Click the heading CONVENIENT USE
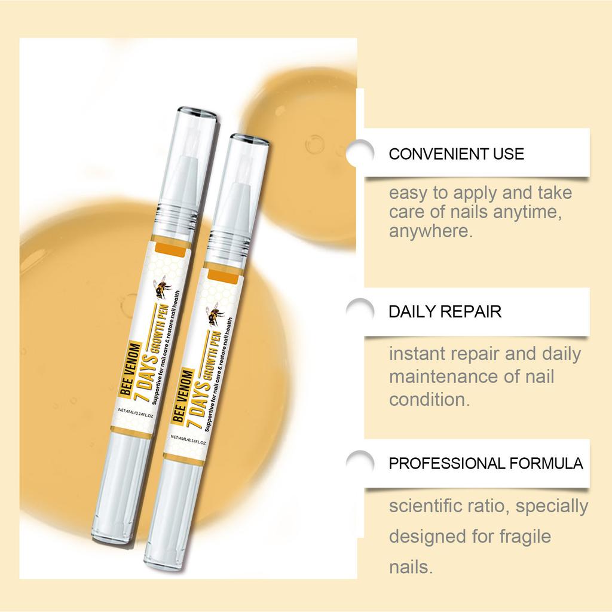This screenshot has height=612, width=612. pos(456,154)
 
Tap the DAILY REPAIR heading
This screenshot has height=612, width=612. pos(445,311)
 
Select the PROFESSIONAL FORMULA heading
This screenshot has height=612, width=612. pos(486,463)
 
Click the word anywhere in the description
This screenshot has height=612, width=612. pos(430,231)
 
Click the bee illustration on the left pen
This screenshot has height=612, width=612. pos(163,288)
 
